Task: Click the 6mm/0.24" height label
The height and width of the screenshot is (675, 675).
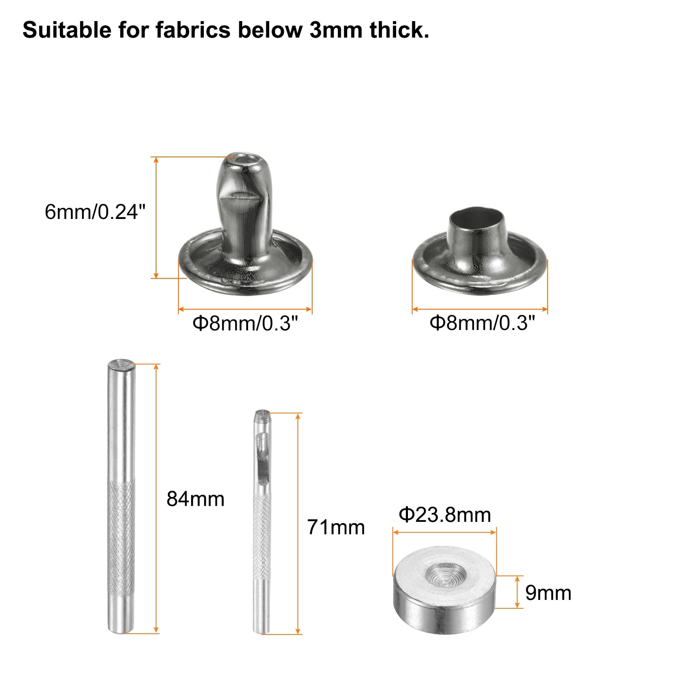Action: [x=95, y=212]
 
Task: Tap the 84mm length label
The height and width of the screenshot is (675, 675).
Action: [x=195, y=499]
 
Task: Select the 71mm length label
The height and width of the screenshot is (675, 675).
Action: [x=336, y=527]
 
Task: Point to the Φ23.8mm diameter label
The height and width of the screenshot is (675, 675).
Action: [x=445, y=515]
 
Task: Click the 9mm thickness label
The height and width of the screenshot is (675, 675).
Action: [x=548, y=593]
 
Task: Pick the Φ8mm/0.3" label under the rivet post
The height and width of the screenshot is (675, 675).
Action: [x=245, y=324]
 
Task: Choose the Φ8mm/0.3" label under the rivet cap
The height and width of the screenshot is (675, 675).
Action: [x=482, y=323]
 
